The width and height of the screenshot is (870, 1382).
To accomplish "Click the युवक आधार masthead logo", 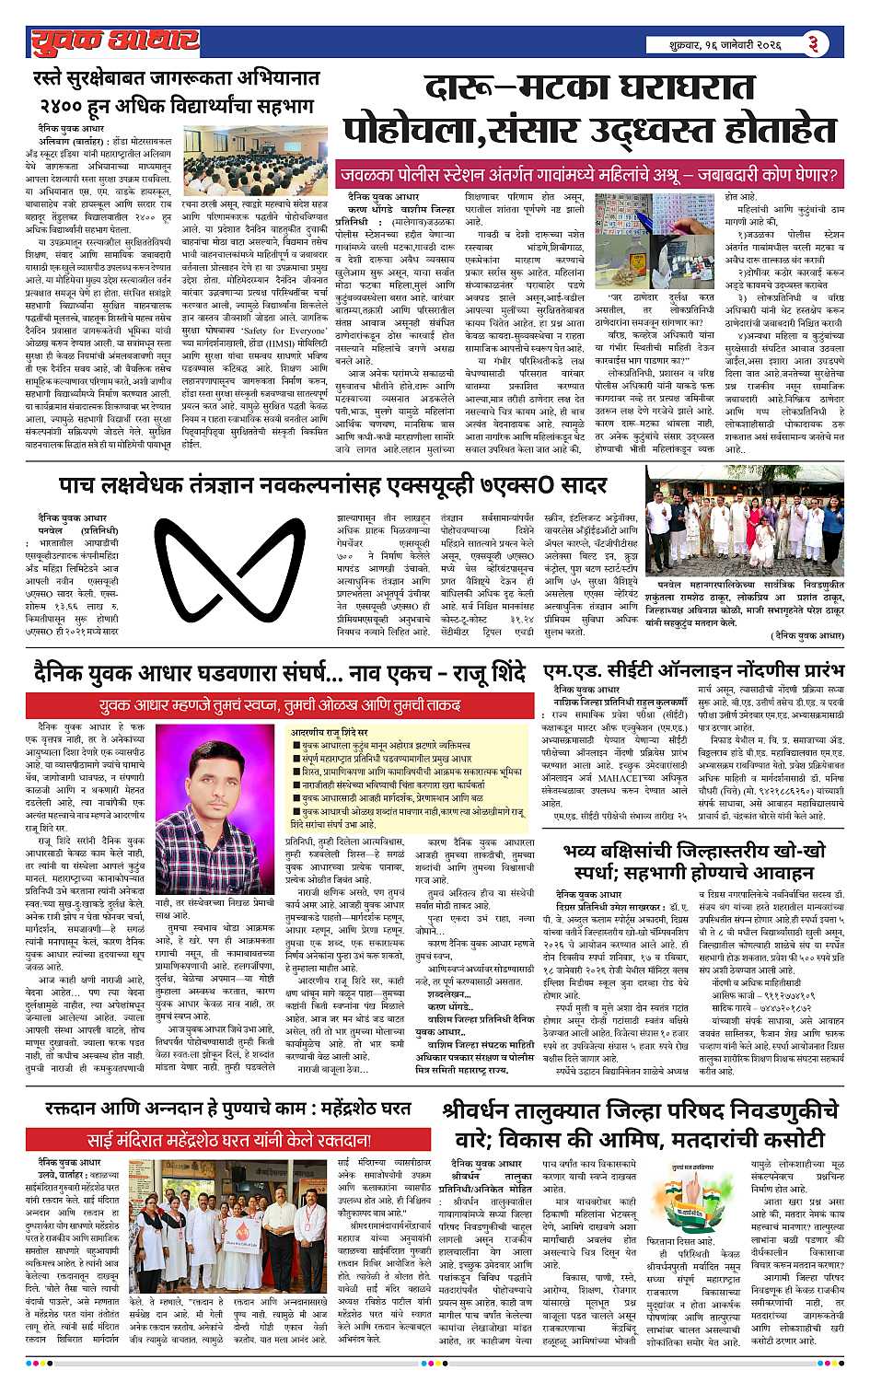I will [x=114, y=41].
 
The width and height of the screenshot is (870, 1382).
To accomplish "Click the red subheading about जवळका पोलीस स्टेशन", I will [x=590, y=174].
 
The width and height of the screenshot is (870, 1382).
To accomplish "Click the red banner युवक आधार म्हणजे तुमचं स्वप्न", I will [x=280, y=706].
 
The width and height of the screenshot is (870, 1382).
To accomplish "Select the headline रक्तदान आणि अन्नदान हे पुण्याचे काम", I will [x=227, y=1109].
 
